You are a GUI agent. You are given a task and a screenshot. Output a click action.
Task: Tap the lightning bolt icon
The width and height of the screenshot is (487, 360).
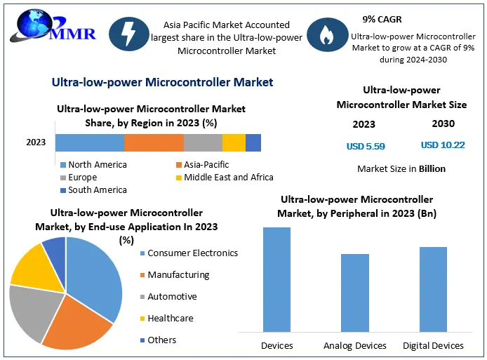[128, 36]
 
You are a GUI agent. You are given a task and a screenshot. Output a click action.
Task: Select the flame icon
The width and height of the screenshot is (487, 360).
[326, 36]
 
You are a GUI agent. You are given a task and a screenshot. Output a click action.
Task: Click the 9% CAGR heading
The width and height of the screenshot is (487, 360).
[383, 19]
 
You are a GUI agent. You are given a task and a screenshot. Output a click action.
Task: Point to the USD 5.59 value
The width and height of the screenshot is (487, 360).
[366, 147]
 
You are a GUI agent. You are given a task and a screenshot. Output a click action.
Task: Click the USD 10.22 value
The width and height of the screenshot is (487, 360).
[443, 145]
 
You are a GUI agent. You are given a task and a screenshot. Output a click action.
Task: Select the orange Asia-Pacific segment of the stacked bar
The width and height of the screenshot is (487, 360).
[154, 142]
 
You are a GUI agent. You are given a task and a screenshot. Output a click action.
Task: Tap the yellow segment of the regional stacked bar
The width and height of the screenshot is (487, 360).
[234, 142]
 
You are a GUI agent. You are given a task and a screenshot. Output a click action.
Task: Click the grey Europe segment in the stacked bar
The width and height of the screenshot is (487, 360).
[203, 142]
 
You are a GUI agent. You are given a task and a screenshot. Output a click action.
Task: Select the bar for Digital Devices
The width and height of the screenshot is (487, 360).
[433, 288]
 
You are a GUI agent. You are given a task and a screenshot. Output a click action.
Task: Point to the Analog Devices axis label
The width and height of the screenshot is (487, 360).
[355, 345]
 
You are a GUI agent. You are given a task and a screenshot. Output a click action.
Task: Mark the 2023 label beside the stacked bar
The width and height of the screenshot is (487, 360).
[36, 142]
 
